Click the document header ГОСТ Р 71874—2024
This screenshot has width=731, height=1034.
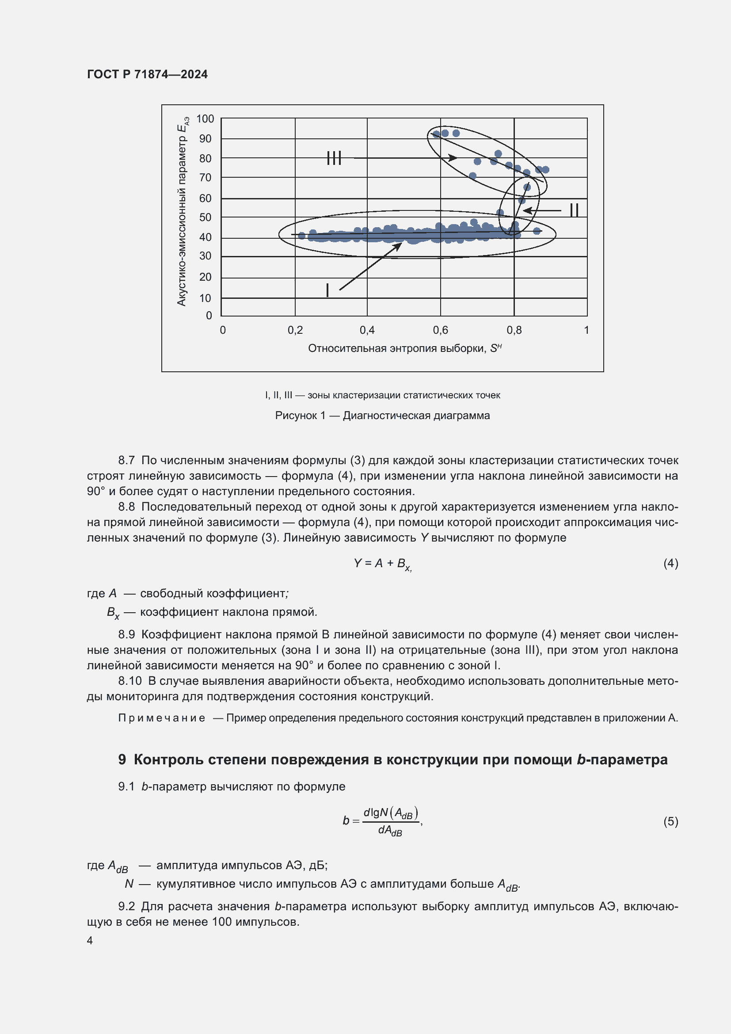tap(147, 74)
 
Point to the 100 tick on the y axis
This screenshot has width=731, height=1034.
tap(205, 119)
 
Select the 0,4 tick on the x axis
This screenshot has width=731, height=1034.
tap(367, 330)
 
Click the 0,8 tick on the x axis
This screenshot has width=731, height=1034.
tap(514, 330)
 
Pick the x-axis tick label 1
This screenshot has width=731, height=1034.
tap(586, 330)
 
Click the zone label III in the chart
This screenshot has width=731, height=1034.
tap(334, 158)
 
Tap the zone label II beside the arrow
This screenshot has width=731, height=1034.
tap(574, 210)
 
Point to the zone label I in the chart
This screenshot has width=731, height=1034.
tap(327, 290)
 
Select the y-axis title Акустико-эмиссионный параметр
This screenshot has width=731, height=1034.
tap(182, 212)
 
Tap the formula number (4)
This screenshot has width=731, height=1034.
tap(670, 563)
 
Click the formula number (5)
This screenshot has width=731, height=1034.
tap(670, 821)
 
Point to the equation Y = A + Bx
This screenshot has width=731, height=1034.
tap(382, 564)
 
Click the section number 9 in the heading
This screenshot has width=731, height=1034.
tap(122, 760)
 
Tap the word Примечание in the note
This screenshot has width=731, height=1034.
tap(162, 718)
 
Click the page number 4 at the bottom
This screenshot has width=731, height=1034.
tap(90, 940)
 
